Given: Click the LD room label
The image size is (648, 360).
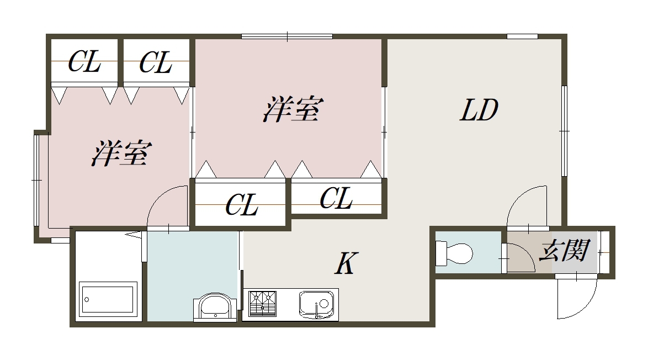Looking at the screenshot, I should pos(479,110).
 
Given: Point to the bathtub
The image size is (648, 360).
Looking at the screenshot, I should pos(108,299).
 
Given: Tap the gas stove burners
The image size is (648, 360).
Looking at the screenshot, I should pos(262,303).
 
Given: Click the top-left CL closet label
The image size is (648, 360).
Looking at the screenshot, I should pos(84,62).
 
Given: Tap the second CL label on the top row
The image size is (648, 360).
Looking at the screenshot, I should pos(156,62).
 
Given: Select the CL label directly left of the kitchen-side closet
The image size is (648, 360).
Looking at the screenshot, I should pos(242,205).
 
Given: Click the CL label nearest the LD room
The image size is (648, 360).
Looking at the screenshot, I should pos(336,198).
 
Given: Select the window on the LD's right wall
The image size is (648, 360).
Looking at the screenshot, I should pos(564,131).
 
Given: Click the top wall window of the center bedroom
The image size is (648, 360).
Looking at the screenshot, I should pos(287,37).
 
